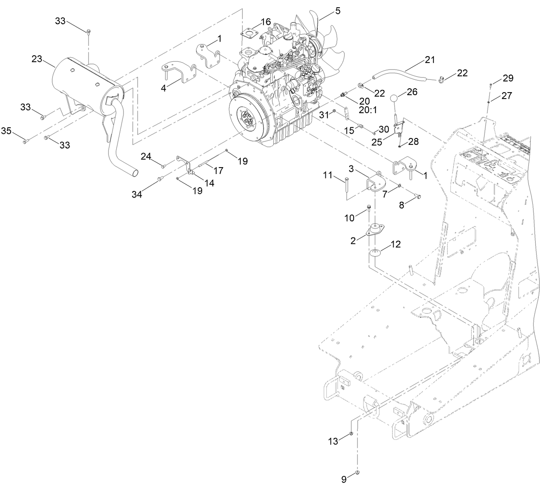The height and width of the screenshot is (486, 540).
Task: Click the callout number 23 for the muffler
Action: pyautogui.click(x=37, y=59)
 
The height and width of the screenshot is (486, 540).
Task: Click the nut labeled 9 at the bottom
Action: pyautogui.click(x=358, y=473)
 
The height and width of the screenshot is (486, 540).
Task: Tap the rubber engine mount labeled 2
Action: pyautogui.click(x=375, y=230)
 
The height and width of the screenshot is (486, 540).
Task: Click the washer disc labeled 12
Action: pyautogui.click(x=376, y=253)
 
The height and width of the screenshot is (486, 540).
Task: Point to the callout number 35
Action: pyautogui.click(x=6, y=130)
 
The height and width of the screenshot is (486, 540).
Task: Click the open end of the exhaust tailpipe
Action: pyautogui.click(x=135, y=173)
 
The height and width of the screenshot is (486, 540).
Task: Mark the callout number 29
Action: pyautogui.click(x=508, y=78)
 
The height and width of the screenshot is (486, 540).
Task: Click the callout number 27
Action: pyautogui.click(x=507, y=96)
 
